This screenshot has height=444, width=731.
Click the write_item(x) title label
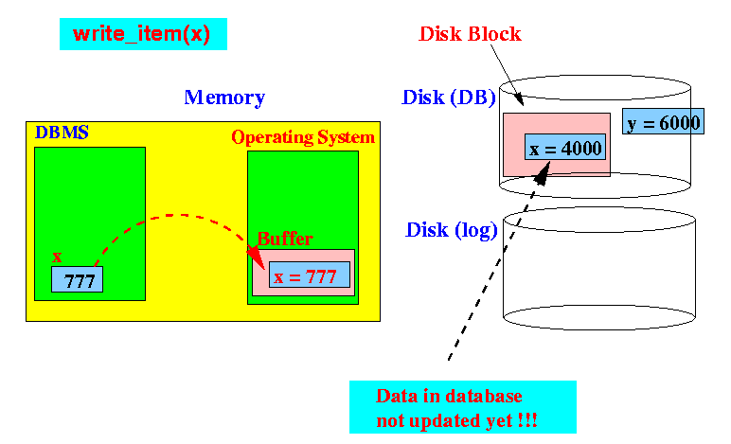[142, 34]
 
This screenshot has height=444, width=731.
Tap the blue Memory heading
[224, 98]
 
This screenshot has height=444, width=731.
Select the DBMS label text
[62, 133]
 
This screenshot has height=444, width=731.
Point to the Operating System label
[303, 137]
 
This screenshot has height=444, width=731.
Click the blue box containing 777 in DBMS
[77, 279]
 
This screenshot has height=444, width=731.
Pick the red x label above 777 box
[57, 257]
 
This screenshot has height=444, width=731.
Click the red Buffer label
[285, 239]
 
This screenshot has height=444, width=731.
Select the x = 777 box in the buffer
[309, 275]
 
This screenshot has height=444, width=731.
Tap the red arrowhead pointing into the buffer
[256, 258]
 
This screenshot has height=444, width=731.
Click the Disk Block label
[470, 34]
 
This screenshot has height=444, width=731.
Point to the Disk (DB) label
[449, 98]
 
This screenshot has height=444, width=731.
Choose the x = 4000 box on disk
[565, 147]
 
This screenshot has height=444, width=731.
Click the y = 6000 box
[663, 121]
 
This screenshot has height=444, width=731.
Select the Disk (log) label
[452, 231]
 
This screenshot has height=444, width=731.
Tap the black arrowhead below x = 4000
[543, 173]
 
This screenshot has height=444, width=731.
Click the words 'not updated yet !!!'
[456, 420]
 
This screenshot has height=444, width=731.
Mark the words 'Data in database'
[449, 396]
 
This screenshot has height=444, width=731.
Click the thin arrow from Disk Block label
[507, 75]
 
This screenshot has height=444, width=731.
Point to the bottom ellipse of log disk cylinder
[599, 317]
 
